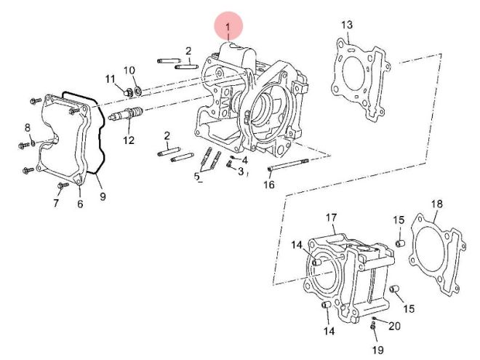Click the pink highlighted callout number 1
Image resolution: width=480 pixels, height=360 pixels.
228,27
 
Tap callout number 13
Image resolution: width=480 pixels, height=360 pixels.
347,25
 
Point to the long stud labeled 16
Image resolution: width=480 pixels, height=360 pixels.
288,164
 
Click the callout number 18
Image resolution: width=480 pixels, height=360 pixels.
437,204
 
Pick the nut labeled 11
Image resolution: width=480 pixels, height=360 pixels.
129,92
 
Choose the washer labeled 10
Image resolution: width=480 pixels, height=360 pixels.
138,90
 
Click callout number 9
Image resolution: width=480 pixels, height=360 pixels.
103,196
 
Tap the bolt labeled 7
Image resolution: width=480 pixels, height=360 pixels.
63,185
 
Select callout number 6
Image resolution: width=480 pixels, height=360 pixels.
80,204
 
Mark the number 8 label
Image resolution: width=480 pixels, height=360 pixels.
28,127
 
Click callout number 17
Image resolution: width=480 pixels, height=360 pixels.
331,217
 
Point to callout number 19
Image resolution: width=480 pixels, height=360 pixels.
377,350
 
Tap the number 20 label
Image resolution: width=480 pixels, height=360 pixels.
395,326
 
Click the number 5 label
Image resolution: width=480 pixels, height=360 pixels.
197,177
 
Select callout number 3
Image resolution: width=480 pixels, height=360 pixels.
241,172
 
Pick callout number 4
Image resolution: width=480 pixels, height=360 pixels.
244,160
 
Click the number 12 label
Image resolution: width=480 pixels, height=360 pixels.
129,140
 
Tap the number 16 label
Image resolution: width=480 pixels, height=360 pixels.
269,185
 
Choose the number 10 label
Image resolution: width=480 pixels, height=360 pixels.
129,71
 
